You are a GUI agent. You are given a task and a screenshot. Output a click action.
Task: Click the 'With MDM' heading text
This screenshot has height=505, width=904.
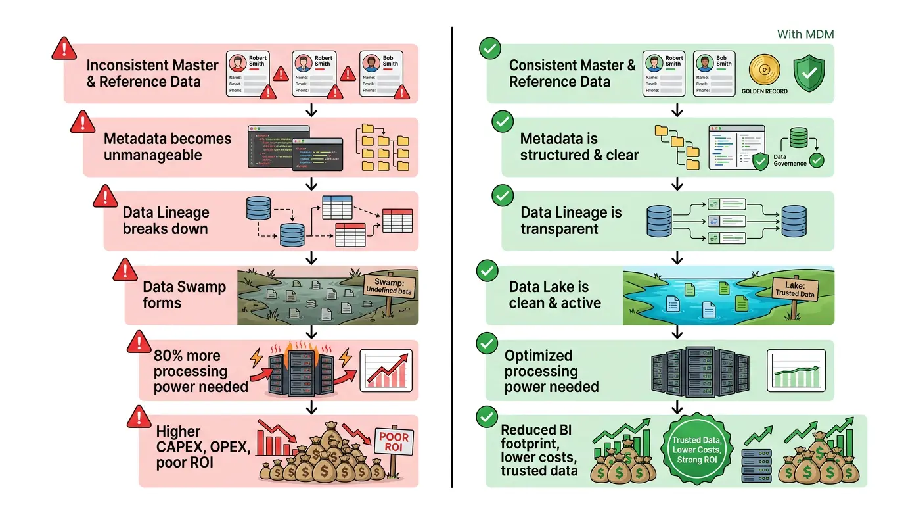pyautogui.click(x=805, y=34)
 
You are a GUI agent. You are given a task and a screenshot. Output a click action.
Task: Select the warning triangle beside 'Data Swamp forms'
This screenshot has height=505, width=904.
pyautogui.click(x=124, y=270)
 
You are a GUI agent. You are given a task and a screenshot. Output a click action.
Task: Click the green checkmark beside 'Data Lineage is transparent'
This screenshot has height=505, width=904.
pyautogui.click(x=503, y=196)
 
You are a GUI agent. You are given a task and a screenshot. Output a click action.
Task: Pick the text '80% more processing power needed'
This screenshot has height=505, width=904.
pyautogui.click(x=200, y=372)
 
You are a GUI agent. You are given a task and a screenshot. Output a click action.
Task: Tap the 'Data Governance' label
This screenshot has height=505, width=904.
pyautogui.click(x=789, y=160)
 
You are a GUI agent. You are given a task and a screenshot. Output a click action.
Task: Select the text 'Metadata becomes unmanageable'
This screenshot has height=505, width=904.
pyautogui.click(x=168, y=147)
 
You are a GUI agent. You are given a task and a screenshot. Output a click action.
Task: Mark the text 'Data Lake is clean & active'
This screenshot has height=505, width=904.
pyautogui.click(x=554, y=295)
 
